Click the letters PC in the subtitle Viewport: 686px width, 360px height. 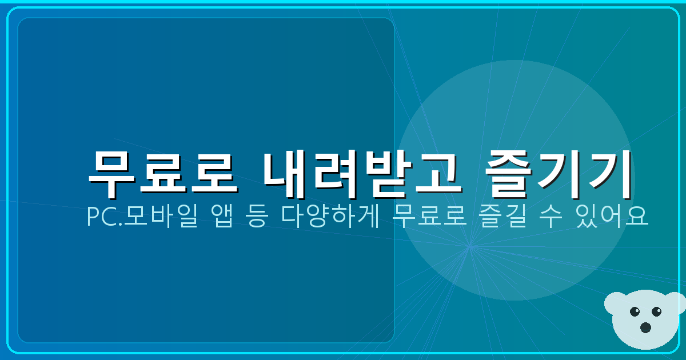click(98, 217)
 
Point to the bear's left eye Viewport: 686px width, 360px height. click(635, 312)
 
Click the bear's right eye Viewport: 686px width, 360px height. click(656, 311)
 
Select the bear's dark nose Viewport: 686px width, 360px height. click(645, 327)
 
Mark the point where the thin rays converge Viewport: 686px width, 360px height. click(470, 247)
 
